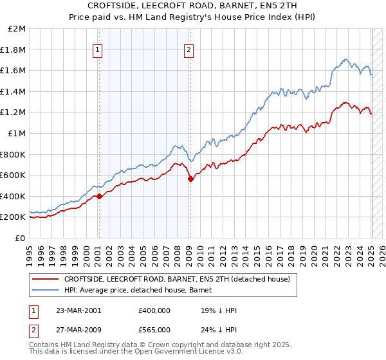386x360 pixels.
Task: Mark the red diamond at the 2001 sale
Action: (x=99, y=196)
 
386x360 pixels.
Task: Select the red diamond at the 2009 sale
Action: (x=190, y=179)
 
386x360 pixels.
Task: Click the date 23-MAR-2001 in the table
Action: (x=78, y=310)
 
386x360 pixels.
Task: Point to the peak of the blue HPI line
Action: (x=345, y=59)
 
